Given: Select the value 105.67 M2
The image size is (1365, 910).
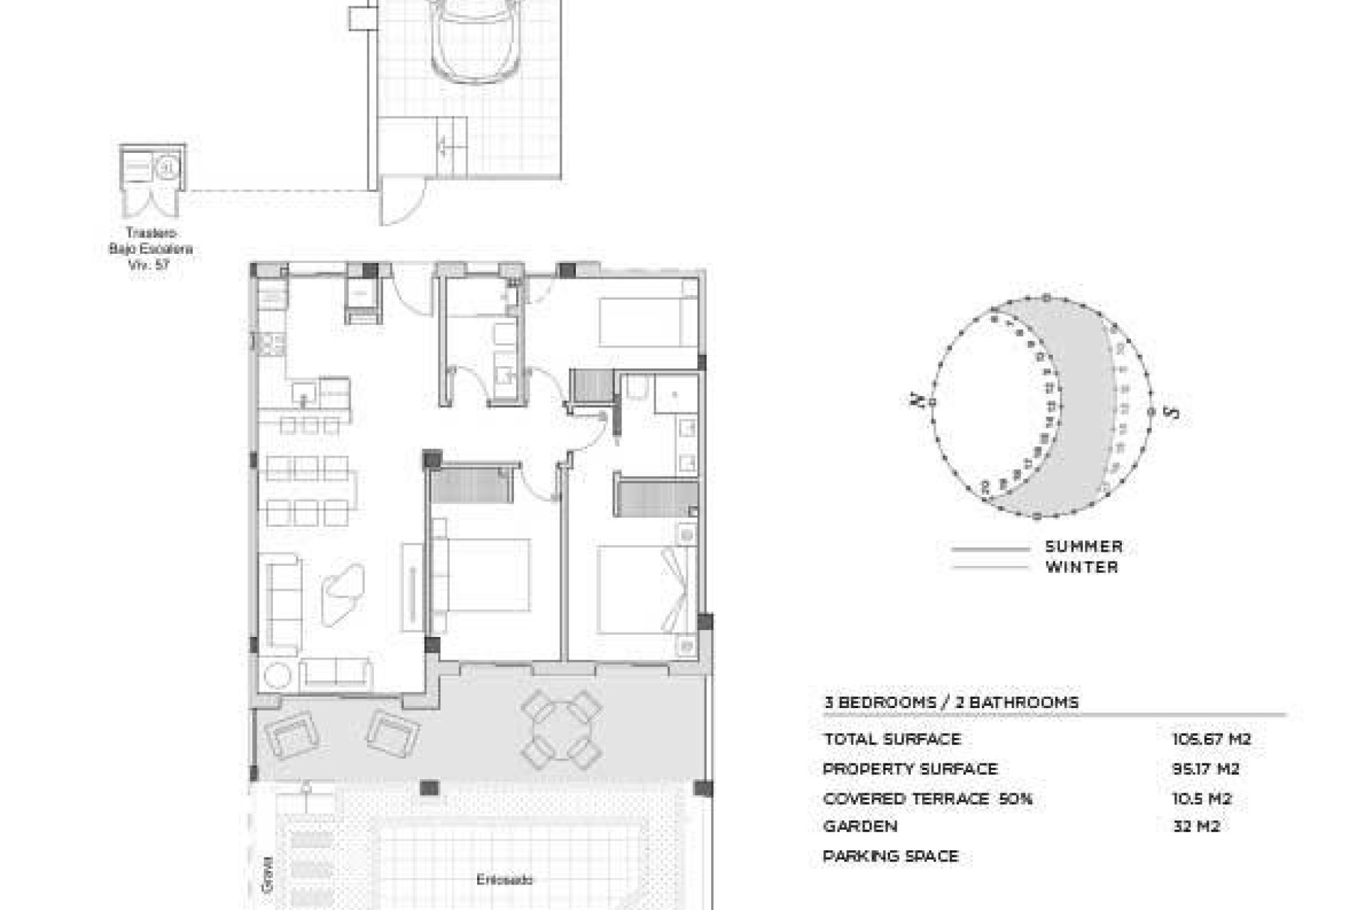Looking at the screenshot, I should point(1211,739).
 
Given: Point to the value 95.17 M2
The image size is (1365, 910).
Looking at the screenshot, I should point(1206,769).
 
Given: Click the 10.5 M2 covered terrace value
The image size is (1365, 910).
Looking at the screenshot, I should point(1201,799).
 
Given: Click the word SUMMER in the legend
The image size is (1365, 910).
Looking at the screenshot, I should point(1083,547).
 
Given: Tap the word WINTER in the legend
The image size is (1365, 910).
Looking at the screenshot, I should point(1081,567).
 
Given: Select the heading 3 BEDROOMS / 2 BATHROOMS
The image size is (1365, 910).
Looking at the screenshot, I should point(951,702).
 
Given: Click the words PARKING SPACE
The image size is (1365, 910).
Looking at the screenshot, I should point(890,857).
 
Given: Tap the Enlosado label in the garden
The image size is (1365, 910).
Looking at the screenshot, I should point(505,880).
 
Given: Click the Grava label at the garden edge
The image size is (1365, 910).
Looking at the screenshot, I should point(268,873).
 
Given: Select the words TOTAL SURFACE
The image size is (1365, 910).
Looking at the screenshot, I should point(892,739).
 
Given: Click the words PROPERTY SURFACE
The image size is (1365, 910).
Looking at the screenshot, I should point(910,769).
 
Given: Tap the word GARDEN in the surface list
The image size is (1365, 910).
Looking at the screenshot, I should point(860,827).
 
